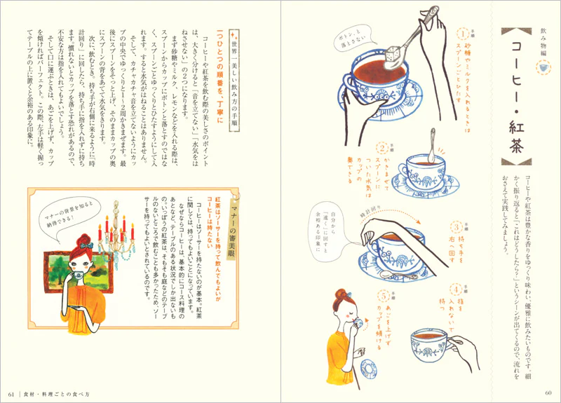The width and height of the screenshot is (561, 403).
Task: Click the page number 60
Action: [548, 391]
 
